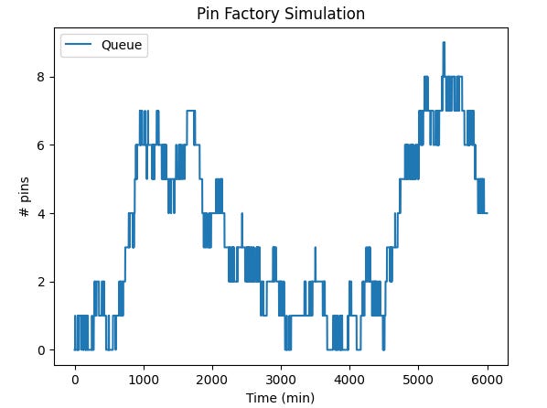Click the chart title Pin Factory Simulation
pyautogui.click(x=281, y=14)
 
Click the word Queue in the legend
pyautogui.click(x=122, y=47)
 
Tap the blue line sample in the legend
pyautogui.click(x=80, y=47)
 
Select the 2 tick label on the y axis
pyautogui.click(x=41, y=282)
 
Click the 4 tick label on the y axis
pyautogui.click(x=41, y=214)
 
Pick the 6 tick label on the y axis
pyautogui.click(x=41, y=145)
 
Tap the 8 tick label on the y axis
pyautogui.click(x=41, y=77)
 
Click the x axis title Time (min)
pyautogui.click(x=281, y=398)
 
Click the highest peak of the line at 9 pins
pyautogui.click(x=444, y=43)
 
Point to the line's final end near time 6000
pyautogui.click(x=487, y=213)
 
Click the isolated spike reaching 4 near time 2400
pyautogui.click(x=241, y=214)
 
